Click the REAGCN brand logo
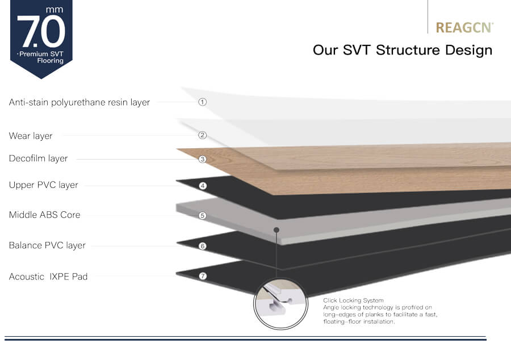coord(464,28)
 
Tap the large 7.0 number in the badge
coord(41,32)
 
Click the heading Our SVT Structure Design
coord(403,50)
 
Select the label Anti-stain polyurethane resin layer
coord(79,102)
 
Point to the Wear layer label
coord(31,136)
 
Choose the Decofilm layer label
coord(39,158)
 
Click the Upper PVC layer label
coord(43,185)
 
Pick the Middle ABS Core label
coord(45,215)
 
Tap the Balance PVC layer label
coord(47,245)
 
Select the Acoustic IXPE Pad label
coord(48,277)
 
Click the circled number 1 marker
coord(202,102)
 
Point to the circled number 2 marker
coord(202,135)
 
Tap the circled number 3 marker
coord(202,159)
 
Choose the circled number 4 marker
coord(203,186)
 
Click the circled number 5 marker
coord(202,215)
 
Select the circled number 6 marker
coord(202,246)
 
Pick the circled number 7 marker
coord(203,276)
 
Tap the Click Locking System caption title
coord(353,300)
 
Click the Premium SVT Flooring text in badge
coord(41,57)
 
